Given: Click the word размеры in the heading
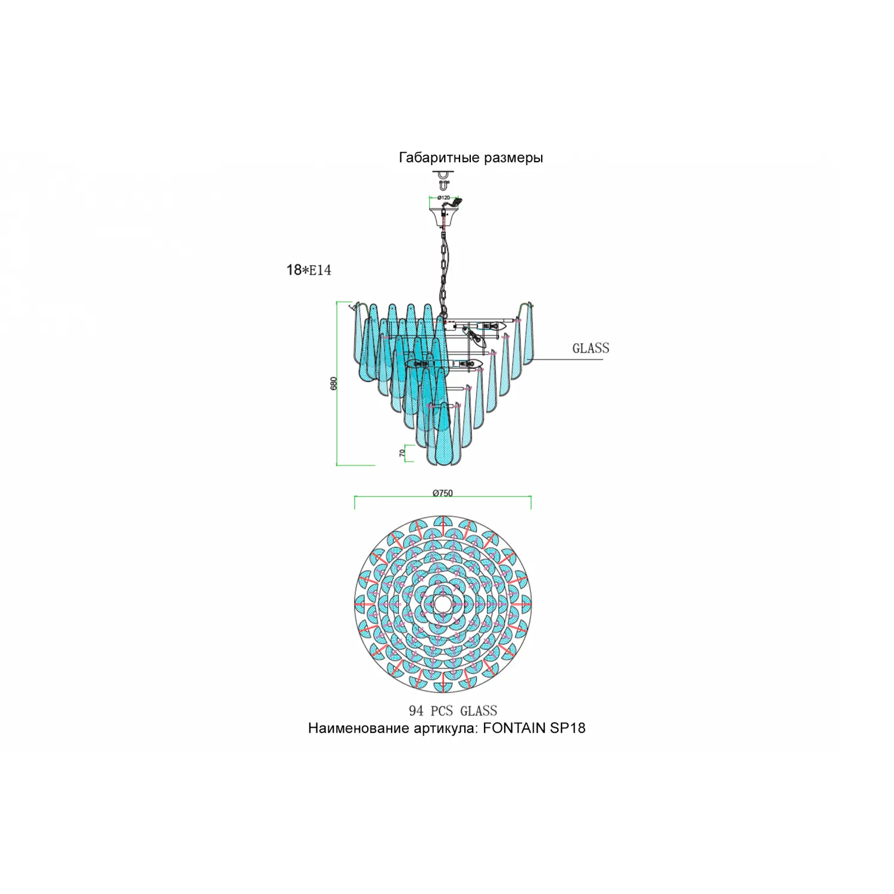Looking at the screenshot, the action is tap(513, 159).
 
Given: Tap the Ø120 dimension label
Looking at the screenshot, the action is tap(443, 197).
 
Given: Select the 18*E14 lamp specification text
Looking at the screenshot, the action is tap(309, 270).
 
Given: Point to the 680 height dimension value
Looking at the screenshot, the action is tap(334, 383).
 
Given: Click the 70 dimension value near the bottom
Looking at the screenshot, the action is tap(402, 453).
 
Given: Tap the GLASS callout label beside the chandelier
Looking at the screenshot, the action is tap(591, 348).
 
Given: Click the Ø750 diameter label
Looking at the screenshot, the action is tap(443, 493).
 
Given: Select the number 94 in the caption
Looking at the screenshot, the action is tap(416, 710).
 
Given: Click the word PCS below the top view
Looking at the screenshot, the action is tap(442, 710).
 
